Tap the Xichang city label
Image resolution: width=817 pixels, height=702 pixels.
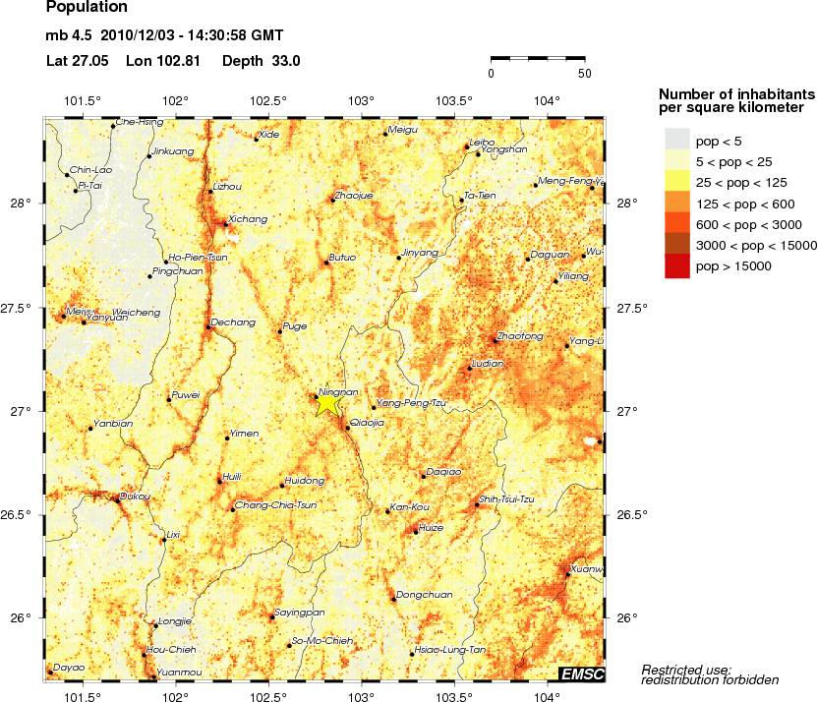click(247, 218)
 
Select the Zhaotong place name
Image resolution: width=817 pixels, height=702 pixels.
click(520, 336)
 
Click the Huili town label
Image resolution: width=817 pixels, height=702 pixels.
click(232, 476)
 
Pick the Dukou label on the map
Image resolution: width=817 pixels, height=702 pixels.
click(135, 497)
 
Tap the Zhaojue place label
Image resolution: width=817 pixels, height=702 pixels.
click(354, 196)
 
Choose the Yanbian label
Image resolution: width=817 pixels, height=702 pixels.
click(111, 424)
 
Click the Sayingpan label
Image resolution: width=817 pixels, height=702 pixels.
click(299, 612)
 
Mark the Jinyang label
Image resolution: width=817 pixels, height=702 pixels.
click(420, 253)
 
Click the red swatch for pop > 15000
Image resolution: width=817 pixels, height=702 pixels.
click(677, 266)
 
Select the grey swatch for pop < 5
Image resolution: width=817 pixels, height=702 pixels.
click(677, 141)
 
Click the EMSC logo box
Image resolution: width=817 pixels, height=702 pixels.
click(581, 673)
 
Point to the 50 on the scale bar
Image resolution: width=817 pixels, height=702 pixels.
click(584, 74)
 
